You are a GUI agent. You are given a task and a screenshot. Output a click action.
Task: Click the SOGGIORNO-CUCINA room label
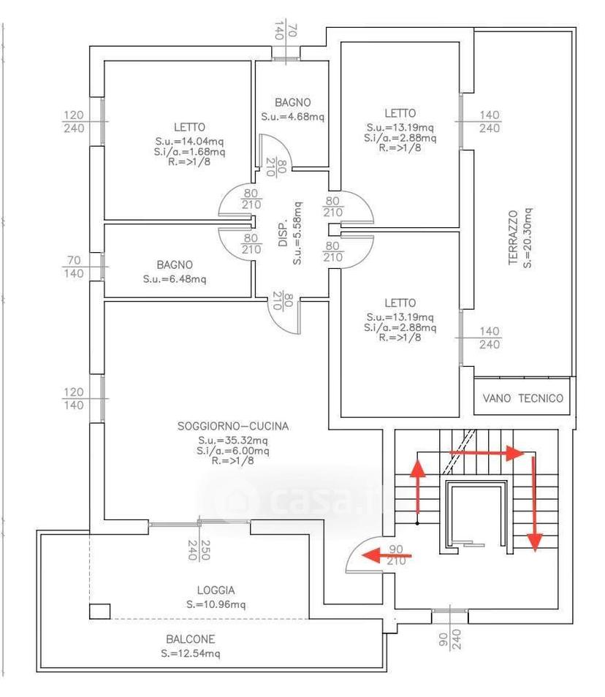pos(233,426)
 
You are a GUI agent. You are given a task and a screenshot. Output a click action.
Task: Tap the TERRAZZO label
pos(513,237)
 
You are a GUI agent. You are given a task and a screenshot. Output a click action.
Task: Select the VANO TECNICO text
pos(522,398)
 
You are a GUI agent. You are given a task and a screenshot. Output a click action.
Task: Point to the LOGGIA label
pos(216,590)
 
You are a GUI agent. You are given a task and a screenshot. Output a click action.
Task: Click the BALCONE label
pos(190,639)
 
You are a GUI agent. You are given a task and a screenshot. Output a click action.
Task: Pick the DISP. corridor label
pos(284,232)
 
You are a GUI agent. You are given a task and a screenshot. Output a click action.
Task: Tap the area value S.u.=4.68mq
pos(292,117)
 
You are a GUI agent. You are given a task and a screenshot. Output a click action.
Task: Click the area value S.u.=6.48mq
pos(174,279)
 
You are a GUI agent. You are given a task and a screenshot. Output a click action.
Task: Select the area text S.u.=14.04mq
pos(189,141)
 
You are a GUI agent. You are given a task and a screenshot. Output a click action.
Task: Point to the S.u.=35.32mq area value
pos(233,441)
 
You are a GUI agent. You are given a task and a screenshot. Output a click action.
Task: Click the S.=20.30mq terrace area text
pos(528,238)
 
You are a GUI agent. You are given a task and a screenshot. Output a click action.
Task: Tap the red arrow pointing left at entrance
pos(387,555)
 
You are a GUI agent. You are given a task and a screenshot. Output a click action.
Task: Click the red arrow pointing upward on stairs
pos(417,487)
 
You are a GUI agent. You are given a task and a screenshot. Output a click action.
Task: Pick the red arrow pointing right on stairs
pos(487,453)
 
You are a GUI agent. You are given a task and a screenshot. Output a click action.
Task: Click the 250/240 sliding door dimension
pos(199,550)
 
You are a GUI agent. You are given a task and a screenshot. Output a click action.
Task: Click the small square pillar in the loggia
pos(99,612)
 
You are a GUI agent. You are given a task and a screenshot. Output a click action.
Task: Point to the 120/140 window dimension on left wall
pos(73,399)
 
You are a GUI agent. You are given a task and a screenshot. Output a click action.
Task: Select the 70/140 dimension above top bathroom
pos(286,30)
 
